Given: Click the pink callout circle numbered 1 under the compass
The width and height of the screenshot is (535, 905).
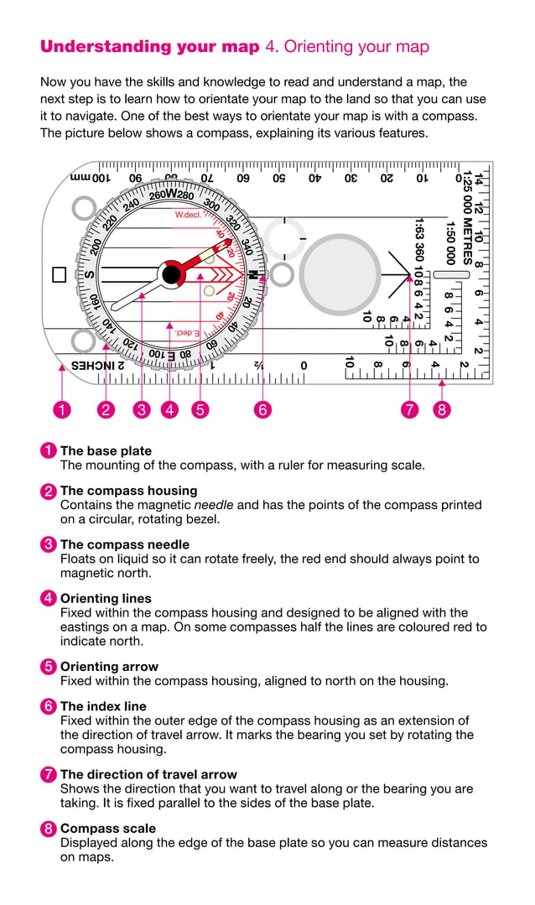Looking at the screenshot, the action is (61, 409).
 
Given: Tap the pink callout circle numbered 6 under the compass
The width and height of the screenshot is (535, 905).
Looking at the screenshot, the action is (262, 409).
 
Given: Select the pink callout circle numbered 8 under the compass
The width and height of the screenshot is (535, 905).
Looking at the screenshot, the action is (442, 409).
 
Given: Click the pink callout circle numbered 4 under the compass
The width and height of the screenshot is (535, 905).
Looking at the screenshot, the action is (170, 409).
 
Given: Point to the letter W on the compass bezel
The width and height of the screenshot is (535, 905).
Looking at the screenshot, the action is (171, 194).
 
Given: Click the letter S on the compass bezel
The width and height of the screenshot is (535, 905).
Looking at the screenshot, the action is (89, 274).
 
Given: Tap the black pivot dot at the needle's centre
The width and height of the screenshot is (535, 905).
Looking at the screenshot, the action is (172, 273).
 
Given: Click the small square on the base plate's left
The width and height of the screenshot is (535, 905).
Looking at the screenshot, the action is (60, 274).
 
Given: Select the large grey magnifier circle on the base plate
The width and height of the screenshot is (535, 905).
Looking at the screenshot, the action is (340, 274).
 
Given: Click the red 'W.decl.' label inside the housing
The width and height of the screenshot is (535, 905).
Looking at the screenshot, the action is (188, 215).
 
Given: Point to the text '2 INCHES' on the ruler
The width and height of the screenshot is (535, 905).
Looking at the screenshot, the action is (97, 365).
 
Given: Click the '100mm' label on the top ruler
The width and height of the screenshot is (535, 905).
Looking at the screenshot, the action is (90, 178).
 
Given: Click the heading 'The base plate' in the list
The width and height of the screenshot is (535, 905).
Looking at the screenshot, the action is (106, 450).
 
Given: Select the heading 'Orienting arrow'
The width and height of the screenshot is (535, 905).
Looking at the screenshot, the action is (106, 667).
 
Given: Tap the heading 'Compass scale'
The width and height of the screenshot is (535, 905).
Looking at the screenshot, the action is (108, 829).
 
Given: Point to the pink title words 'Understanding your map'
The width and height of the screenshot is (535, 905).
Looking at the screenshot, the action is (150, 47).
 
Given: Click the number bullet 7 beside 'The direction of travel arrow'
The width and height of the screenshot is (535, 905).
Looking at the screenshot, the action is (49, 775).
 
